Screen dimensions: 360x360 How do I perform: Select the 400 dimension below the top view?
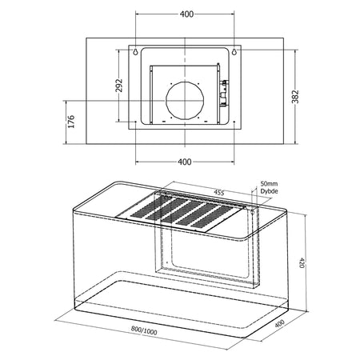[x=186, y=162]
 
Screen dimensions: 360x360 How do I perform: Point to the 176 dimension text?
[x=70, y=122]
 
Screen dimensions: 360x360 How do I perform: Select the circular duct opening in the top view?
[x=186, y=100]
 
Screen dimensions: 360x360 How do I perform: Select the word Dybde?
[x=270, y=192]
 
